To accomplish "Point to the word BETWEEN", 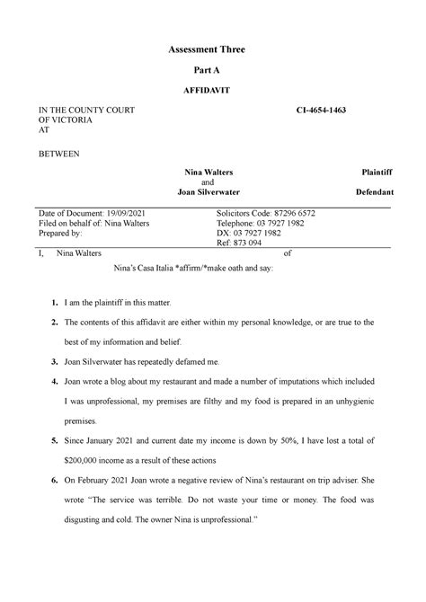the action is tap(58, 153).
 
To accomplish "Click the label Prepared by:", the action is tap(56, 233).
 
